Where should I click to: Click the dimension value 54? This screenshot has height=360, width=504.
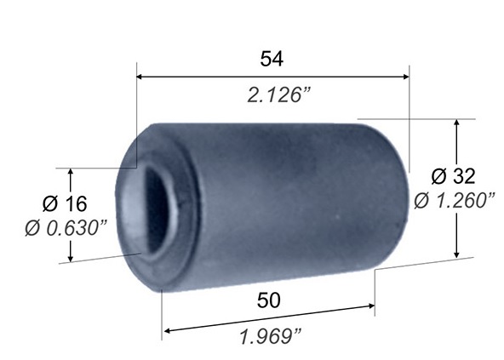(272, 59)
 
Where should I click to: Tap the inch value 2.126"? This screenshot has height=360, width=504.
(278, 95)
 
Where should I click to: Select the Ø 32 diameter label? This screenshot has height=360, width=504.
(453, 176)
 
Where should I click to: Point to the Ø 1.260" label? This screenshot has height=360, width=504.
(455, 201)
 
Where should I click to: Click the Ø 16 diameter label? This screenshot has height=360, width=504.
(65, 203)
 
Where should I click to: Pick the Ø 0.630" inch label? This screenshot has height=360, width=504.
(66, 228)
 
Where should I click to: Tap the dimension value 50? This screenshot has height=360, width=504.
(269, 300)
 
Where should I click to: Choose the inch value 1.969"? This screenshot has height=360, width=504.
(271, 336)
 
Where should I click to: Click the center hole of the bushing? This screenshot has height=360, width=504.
(157, 209)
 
